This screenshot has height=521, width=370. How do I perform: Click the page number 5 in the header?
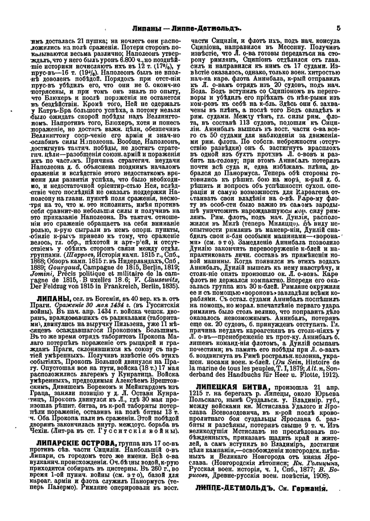338,27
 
